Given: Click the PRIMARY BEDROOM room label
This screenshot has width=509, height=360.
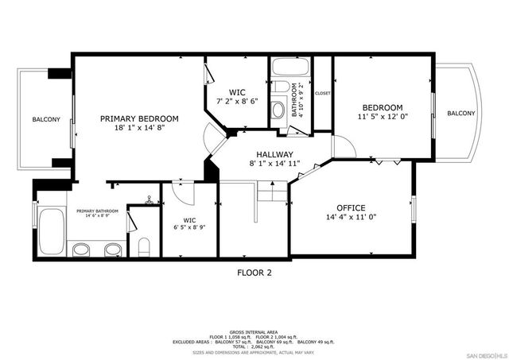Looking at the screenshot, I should [x=139, y=118].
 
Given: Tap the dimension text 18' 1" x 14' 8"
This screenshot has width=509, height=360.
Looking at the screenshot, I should [x=139, y=128].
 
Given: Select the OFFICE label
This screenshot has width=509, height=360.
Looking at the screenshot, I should [x=351, y=207].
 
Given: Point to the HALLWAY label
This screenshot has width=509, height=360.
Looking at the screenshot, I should [x=274, y=154].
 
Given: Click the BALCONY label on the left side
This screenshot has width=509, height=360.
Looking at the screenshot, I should [x=45, y=119].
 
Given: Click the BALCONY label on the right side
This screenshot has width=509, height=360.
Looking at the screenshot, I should [x=460, y=114].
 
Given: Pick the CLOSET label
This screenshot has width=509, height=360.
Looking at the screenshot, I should [x=322, y=93].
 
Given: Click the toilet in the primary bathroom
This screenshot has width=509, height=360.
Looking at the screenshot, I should [x=143, y=246].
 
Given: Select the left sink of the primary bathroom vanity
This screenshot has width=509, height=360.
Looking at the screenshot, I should [x=81, y=250].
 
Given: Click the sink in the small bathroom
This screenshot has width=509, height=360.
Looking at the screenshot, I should [x=278, y=110].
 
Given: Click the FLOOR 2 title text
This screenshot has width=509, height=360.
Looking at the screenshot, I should [x=254, y=273].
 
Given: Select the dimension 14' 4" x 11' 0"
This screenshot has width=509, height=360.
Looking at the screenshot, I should [x=351, y=217].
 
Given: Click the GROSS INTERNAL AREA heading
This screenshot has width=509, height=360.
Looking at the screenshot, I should [x=254, y=331].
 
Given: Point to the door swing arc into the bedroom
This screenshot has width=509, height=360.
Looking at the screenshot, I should [x=343, y=146].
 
